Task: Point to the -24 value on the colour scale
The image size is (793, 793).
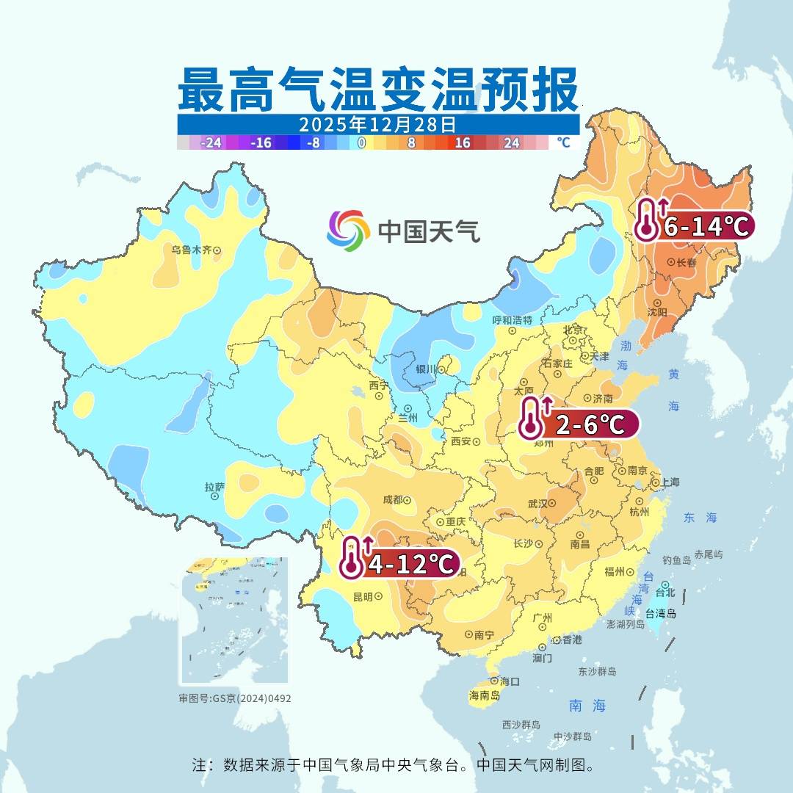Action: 211,142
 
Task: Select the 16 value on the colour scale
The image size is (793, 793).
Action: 462,142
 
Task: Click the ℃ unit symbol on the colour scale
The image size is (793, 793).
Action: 563,142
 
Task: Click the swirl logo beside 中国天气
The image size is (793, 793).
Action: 348,230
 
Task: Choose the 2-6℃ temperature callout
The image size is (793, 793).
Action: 589,424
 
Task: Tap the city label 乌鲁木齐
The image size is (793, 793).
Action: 192,250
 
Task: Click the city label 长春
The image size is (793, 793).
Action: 687,262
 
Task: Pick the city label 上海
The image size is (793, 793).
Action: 670,482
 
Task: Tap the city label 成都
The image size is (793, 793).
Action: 393,500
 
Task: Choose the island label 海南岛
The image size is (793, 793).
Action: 485,695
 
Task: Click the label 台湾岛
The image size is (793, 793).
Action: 660,613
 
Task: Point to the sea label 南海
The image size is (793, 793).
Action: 587,706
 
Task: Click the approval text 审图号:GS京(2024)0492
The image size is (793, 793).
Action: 235,698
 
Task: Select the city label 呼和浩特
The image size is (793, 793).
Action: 512,320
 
